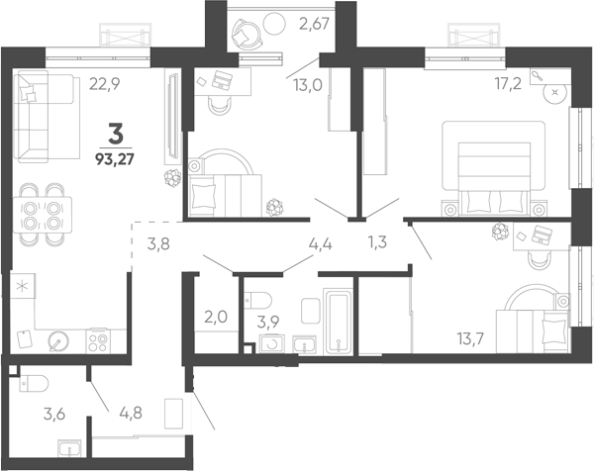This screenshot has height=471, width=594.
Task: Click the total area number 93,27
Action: point(115,159)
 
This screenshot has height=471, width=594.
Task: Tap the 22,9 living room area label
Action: point(105,84)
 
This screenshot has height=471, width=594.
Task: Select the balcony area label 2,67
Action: point(314,24)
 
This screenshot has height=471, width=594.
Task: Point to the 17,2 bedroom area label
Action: point(509,84)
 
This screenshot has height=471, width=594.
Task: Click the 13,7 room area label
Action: point(470,338)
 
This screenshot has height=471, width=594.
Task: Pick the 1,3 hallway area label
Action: point(377,241)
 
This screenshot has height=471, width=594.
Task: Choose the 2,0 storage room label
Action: point(216,317)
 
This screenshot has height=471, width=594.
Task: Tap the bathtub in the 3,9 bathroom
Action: point(338,322)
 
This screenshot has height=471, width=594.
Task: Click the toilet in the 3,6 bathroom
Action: point(34,383)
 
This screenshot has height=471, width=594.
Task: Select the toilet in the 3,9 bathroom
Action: point(258,301)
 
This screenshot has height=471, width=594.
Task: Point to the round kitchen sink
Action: point(58,341)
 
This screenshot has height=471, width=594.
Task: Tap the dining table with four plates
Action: point(43,215)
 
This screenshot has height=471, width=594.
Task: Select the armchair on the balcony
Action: point(247,34)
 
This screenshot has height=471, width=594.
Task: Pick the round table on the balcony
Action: point(274,24)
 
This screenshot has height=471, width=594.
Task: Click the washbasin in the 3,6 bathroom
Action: point(69,448)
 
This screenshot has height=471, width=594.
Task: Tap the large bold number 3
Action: point(116,134)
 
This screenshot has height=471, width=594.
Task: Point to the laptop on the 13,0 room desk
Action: point(222,79)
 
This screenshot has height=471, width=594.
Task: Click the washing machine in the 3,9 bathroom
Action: point(272,344)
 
